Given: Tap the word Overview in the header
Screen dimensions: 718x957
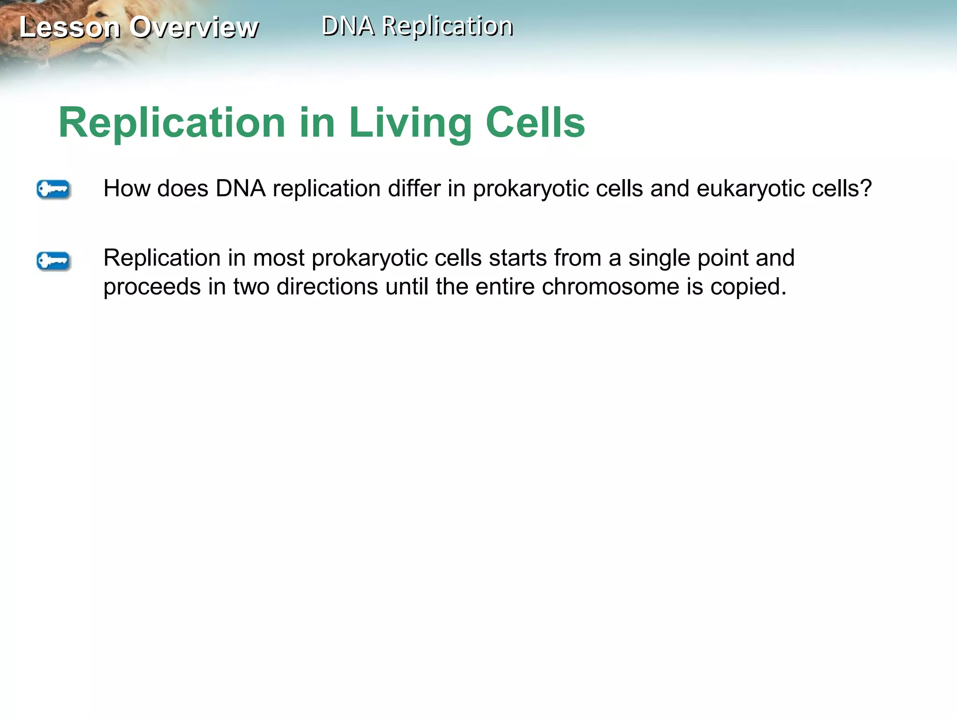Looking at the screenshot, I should [x=194, y=27].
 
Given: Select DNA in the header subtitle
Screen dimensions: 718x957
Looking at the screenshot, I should [x=348, y=26].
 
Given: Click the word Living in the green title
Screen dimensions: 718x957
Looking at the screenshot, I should [x=410, y=123].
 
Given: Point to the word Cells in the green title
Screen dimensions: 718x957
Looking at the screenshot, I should [x=535, y=123].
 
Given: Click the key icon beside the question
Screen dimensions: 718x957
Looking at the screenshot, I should [x=53, y=189].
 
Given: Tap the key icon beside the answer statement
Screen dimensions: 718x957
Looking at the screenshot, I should [x=53, y=261].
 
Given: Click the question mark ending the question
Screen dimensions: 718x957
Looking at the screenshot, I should [x=866, y=188].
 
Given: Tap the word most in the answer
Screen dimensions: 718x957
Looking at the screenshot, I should [x=279, y=258].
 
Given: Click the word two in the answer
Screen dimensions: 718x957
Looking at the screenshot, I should [x=251, y=287].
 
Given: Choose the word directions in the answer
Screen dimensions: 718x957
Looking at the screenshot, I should [x=327, y=287].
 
